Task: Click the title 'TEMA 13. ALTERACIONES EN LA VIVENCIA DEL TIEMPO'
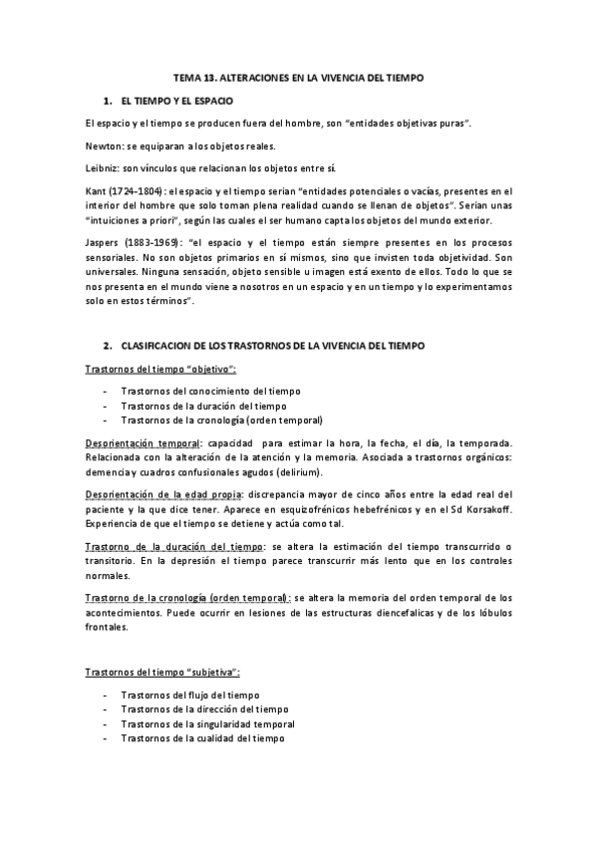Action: pyautogui.click(x=298, y=77)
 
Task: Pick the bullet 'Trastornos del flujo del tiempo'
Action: pyautogui.click(x=189, y=695)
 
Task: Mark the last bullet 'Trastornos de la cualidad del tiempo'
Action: pyautogui.click(x=202, y=738)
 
